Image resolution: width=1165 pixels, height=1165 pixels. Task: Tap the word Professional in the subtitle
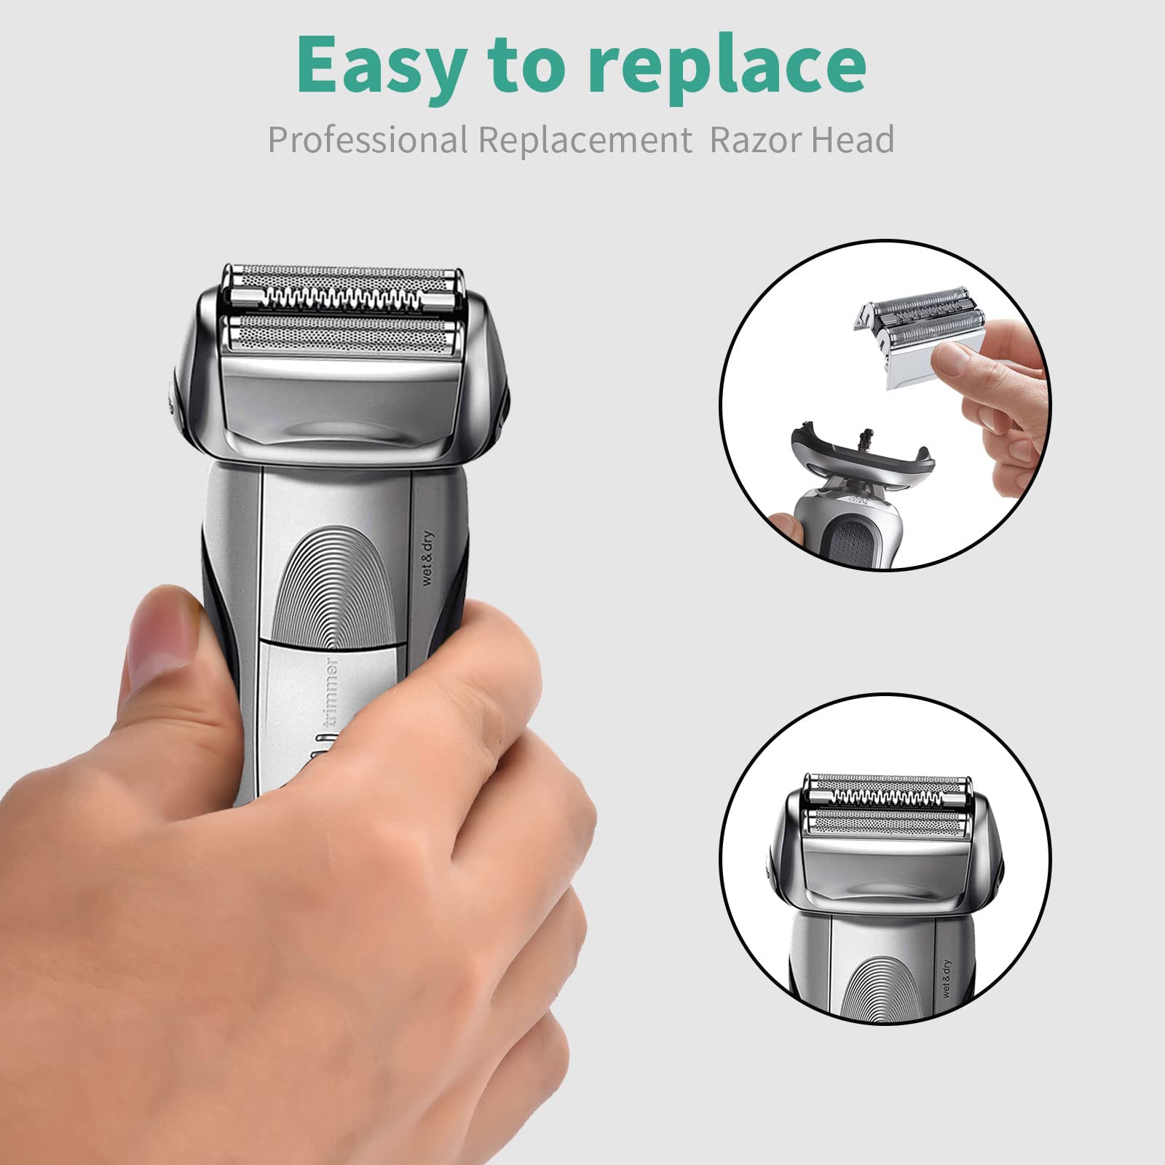367,139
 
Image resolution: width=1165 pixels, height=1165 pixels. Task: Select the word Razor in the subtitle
753,140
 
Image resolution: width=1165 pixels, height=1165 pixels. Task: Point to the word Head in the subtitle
851,139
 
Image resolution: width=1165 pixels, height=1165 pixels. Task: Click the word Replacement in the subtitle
586,140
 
